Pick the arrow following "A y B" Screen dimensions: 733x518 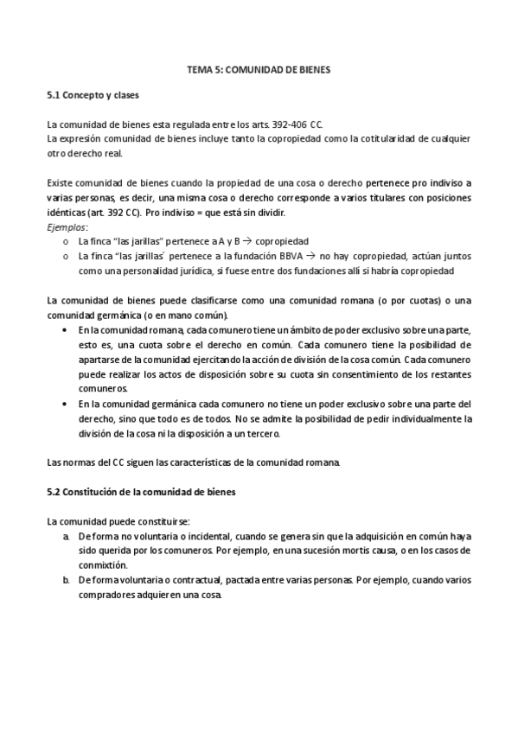pyautogui.click(x=222, y=241)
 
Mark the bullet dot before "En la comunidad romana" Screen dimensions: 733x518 pyautogui.click(x=67, y=330)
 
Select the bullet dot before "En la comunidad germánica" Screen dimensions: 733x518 pyautogui.click(x=67, y=404)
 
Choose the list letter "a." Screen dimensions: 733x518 pyautogui.click(x=67, y=537)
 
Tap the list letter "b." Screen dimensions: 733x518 pyautogui.click(x=67, y=581)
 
